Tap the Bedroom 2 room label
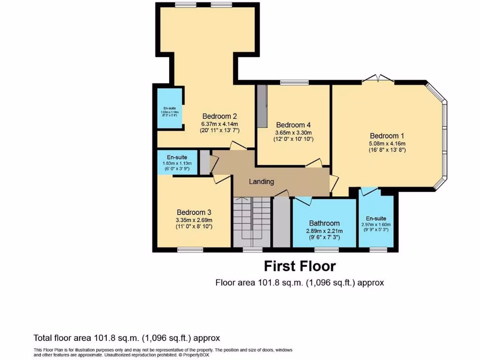point(219,116)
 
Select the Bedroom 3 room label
point(194,212)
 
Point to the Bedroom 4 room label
point(293,125)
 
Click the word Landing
point(261,181)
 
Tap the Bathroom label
point(324,223)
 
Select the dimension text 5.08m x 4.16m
point(387,143)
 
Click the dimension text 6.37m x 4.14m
point(219,125)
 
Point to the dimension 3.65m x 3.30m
point(293,133)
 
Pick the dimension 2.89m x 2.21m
point(324,231)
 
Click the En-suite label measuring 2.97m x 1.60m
point(376,218)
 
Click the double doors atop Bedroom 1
point(378,79)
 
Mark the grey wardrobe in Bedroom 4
point(262,105)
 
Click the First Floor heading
point(300,266)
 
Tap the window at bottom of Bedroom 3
point(190,249)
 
